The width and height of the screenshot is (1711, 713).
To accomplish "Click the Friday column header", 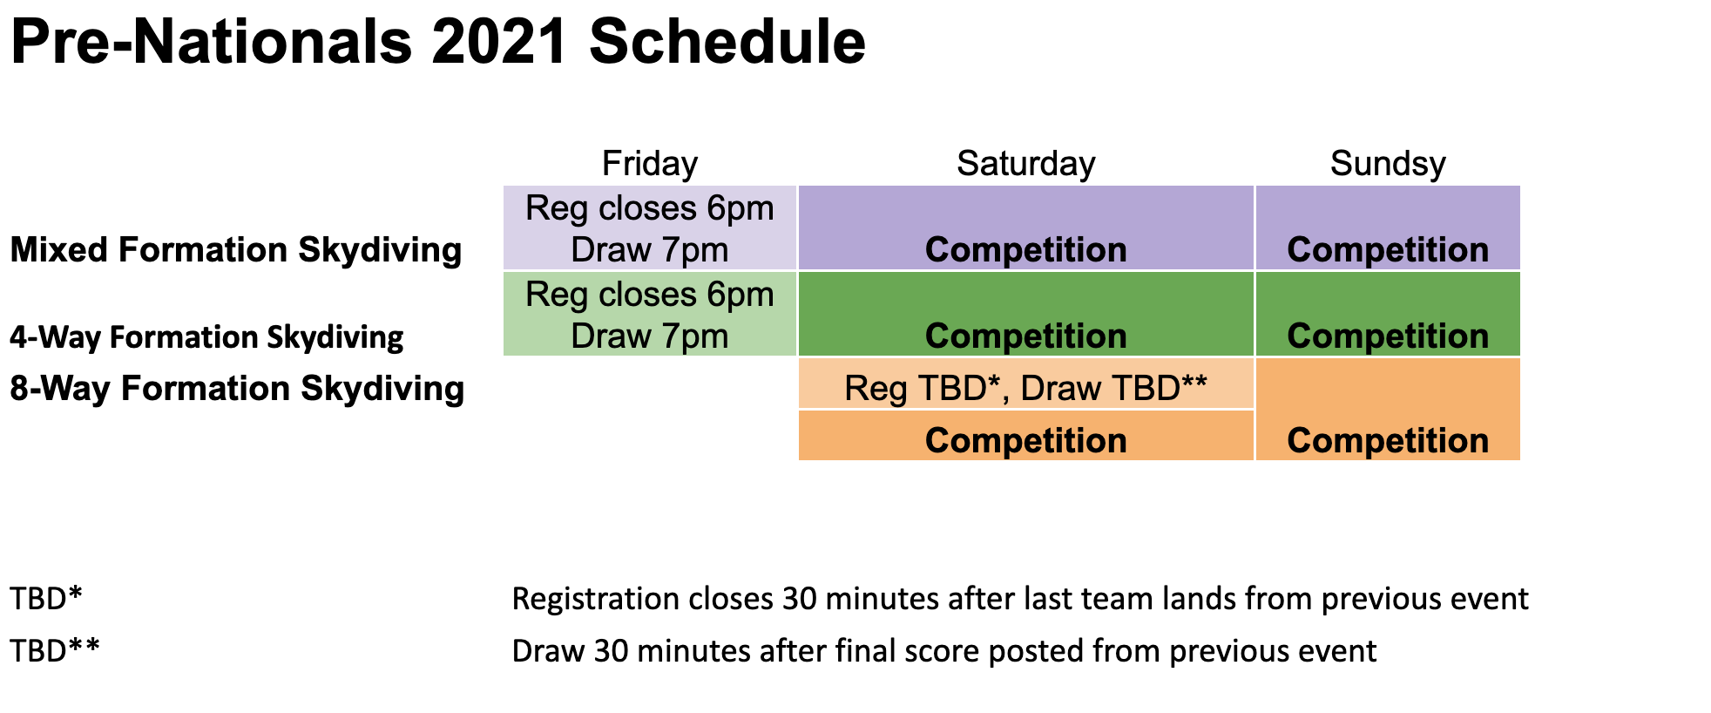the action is (650, 164).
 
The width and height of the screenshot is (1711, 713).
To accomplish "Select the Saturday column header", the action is (1026, 164).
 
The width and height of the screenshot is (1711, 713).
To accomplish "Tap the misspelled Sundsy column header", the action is (1388, 164).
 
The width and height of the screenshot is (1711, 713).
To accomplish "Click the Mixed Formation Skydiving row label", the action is (236, 250).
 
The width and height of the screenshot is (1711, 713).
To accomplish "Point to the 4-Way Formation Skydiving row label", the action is (206, 337).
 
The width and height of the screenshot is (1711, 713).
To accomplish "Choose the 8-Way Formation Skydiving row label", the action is (237, 389).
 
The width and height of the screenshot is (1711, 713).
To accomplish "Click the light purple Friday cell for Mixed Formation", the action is (650, 227).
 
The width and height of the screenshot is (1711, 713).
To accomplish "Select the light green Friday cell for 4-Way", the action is (650, 314).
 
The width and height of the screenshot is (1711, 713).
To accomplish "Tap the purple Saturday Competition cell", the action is (1026, 227).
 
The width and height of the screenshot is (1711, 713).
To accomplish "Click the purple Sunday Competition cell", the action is (1388, 227).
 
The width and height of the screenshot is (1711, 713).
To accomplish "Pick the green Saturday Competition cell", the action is (1026, 314).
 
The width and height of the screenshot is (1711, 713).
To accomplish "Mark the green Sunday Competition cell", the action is (1388, 314).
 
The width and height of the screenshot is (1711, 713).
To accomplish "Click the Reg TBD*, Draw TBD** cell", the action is (1026, 384).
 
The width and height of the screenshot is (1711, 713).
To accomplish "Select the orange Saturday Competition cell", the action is (1026, 435).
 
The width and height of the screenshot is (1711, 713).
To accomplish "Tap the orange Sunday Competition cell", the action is (1388, 409).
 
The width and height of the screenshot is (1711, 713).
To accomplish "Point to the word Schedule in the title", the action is (727, 42).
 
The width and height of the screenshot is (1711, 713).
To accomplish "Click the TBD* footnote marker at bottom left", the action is (46, 599).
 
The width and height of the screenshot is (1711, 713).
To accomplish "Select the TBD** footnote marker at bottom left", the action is (55, 651).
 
